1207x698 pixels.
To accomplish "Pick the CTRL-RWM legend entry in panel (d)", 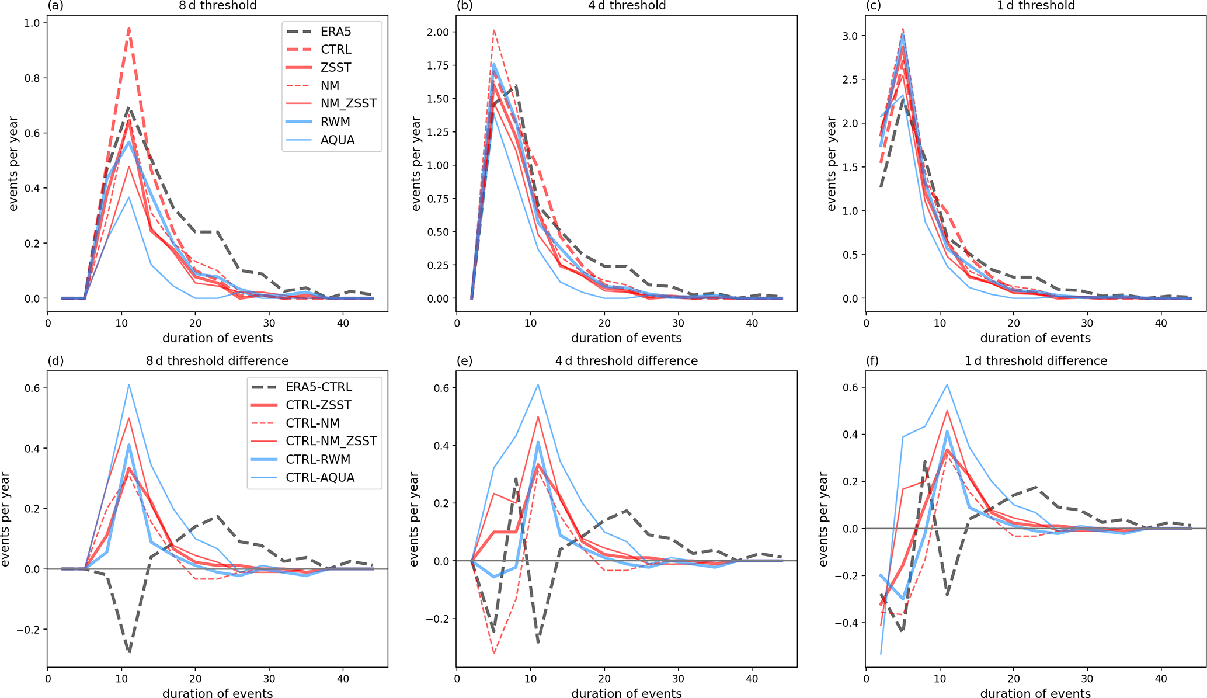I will click(x=318, y=459).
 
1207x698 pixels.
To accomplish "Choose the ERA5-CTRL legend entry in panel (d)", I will click(x=319, y=387).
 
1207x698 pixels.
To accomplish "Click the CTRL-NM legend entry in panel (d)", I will click(x=312, y=423).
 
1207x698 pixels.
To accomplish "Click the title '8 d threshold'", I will click(x=217, y=6).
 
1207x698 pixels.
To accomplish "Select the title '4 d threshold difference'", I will click(x=626, y=361).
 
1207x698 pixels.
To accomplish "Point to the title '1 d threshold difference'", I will click(x=1035, y=361).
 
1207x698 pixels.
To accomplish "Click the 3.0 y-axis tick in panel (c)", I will click(x=850, y=36).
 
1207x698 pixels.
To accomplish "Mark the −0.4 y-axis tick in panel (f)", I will click(x=845, y=623).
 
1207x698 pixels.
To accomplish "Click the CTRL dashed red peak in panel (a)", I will click(x=129, y=29).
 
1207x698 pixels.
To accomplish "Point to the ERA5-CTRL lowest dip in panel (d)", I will click(x=129, y=652).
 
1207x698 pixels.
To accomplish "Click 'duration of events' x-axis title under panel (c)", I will click(x=1035, y=338).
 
